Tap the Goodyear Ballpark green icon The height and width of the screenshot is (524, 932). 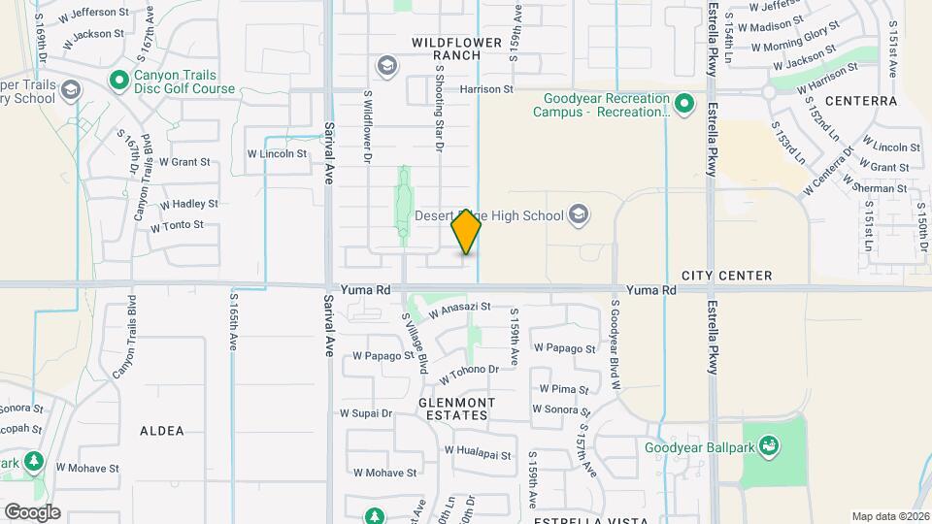[x=770, y=446]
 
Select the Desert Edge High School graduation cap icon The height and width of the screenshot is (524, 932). [x=579, y=214]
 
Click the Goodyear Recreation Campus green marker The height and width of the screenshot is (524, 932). [x=683, y=102]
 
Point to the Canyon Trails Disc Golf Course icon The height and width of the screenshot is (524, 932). [x=120, y=80]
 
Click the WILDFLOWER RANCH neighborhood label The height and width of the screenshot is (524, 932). [x=457, y=49]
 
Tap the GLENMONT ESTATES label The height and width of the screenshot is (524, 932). [x=457, y=409]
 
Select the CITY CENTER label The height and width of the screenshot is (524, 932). [x=726, y=276]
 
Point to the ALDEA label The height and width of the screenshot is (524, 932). [x=161, y=430]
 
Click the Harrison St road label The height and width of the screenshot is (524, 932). [x=486, y=89]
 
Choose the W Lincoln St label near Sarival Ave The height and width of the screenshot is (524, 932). [x=277, y=153]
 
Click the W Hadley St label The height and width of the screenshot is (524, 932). [x=189, y=205]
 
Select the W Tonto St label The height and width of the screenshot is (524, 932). [x=177, y=225]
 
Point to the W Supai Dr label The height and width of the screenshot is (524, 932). [x=366, y=412]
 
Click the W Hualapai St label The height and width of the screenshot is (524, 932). [x=477, y=450]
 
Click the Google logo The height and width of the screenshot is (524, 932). [x=32, y=511]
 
